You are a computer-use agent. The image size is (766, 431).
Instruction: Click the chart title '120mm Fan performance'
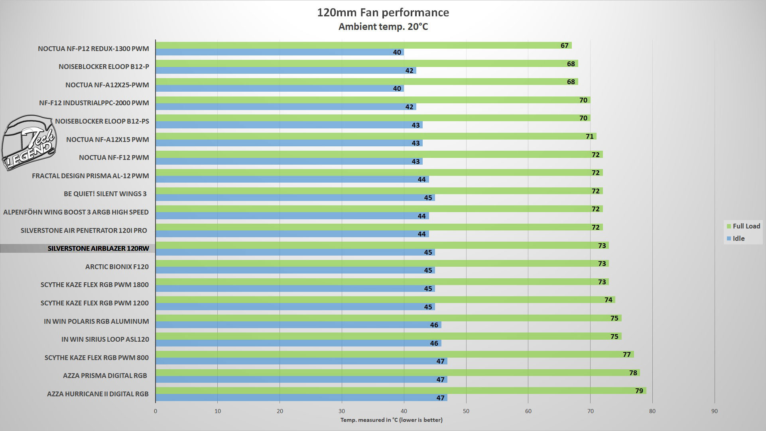(383, 13)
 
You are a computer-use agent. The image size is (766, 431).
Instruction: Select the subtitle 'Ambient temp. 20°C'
(383, 27)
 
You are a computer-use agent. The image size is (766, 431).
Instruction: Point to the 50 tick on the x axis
(466, 411)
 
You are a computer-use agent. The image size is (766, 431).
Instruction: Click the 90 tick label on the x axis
(714, 411)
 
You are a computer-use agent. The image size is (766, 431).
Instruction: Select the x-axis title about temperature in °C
(391, 420)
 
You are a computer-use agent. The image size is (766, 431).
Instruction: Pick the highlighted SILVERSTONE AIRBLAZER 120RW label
(98, 248)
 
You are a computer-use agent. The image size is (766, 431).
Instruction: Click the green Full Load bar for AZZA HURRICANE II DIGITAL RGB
(399, 391)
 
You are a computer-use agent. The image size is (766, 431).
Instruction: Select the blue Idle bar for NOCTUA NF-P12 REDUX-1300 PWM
(279, 52)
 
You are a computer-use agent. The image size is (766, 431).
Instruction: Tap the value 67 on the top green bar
(564, 45)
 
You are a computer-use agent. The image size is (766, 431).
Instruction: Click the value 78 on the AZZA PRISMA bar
(633, 373)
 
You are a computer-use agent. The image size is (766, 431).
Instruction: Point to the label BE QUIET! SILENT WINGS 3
(105, 194)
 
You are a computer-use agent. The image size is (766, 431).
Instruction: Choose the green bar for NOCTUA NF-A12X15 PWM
(375, 136)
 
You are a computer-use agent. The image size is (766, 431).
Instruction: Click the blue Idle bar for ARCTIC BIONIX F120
(295, 270)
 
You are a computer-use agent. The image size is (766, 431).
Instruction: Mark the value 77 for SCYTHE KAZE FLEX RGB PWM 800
(626, 354)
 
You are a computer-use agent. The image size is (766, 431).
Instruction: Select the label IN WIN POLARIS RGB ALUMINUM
(96, 321)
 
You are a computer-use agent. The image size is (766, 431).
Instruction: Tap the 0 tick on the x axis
(156, 411)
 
